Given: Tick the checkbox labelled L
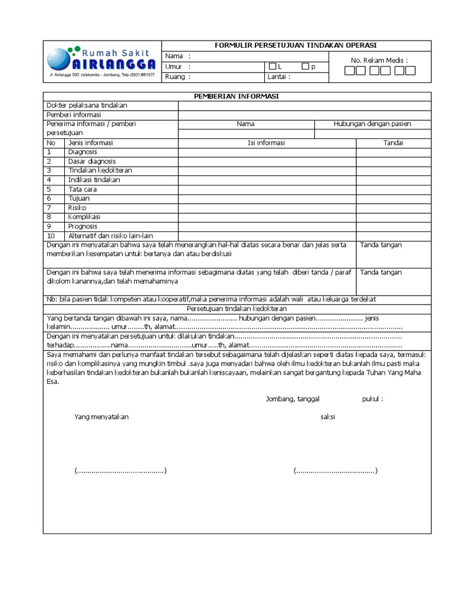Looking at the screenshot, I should (x=273, y=67).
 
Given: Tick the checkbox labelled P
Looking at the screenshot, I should (x=305, y=67).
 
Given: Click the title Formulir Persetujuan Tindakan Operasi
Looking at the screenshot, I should (x=296, y=46).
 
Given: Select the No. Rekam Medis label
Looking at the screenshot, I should (x=379, y=60).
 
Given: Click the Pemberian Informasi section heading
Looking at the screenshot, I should (x=237, y=96).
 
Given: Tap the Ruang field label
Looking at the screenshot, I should (x=175, y=77).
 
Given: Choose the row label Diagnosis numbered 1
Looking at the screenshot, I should (x=83, y=152).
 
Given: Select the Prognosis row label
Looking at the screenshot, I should (x=84, y=226).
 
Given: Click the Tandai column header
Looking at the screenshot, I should (x=393, y=143).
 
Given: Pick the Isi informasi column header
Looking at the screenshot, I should (x=267, y=143).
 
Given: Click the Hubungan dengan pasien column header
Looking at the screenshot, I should (x=372, y=124).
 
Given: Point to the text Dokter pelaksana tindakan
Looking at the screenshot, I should (x=87, y=105).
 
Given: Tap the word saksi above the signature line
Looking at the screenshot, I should (x=327, y=417).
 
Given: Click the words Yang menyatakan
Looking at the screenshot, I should (x=101, y=417).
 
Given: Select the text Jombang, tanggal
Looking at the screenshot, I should (x=293, y=399).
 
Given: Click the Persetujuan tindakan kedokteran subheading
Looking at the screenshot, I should (x=237, y=309).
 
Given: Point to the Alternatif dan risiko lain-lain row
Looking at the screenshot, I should (x=110, y=236).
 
